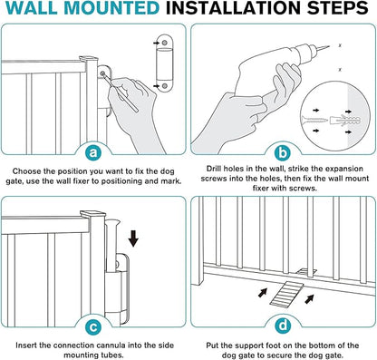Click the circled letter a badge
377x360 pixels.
tap(94, 152)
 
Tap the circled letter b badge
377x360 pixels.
tap(283, 152)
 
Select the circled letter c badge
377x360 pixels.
tap(94, 326)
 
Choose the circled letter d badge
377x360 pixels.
tap(283, 326)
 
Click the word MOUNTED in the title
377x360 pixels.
tap(111, 8)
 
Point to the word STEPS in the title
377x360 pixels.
tap(338, 8)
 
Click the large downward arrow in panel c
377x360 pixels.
tap(133, 238)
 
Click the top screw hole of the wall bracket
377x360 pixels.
tap(164, 43)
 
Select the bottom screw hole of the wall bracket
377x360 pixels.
tap(164, 86)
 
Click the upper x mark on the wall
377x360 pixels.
tap(340, 45)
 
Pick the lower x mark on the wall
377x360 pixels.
tap(340, 70)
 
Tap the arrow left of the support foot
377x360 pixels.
tap(263, 292)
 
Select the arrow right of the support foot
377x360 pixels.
tap(309, 299)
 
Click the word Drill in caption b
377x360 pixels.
tap(214, 169)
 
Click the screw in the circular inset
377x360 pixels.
tap(314, 120)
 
